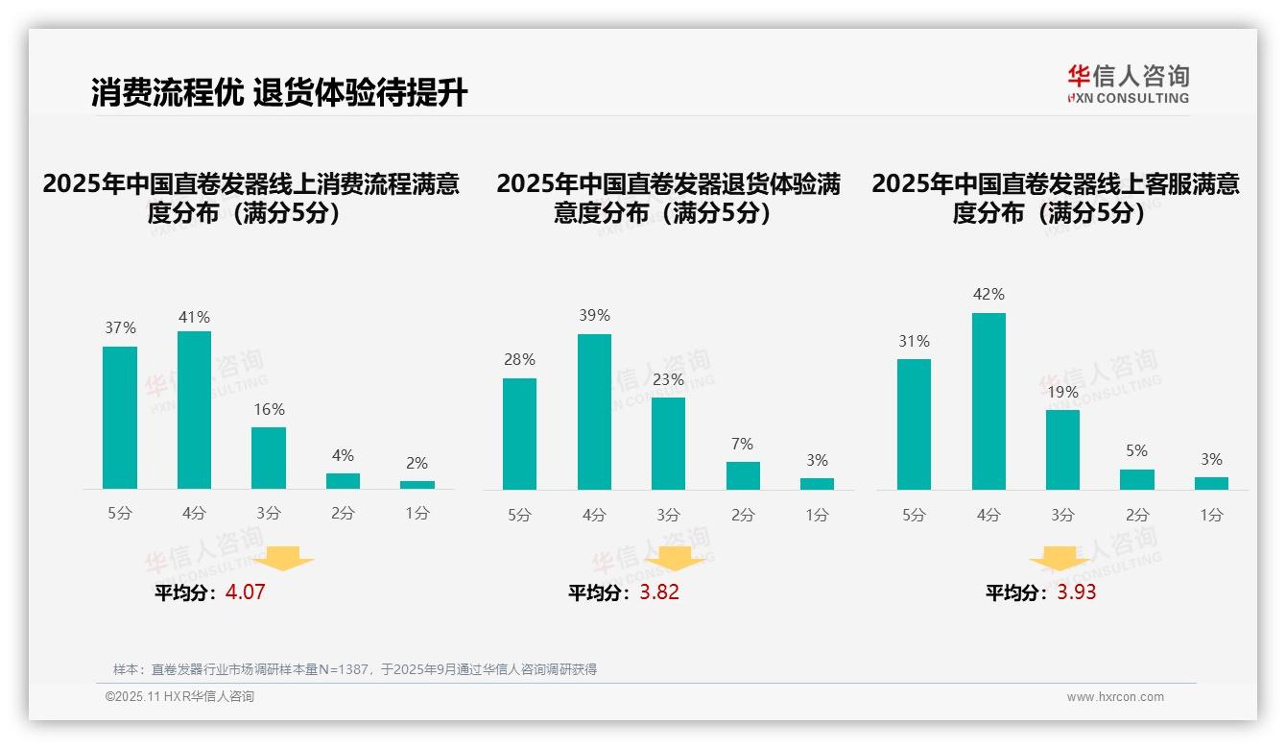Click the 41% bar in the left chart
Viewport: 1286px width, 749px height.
pos(194,410)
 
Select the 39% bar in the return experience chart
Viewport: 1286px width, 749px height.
pos(594,412)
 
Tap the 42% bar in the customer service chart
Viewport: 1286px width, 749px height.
pos(988,401)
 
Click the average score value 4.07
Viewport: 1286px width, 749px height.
pos(245,592)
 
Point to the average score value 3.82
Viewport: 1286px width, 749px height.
pos(659,592)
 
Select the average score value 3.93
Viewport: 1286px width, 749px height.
pos(1077,592)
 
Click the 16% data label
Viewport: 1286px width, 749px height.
pos(269,410)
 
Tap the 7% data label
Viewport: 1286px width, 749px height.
pos(742,445)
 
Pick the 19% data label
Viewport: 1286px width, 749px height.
pos(1063,393)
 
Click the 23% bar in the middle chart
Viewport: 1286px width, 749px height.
pos(668,444)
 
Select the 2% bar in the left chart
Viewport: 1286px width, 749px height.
pos(417,485)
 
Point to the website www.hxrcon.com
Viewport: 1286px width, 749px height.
pos(1115,697)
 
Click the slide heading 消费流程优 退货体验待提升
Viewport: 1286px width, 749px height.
pos(279,93)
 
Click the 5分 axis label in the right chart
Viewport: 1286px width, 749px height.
pos(914,516)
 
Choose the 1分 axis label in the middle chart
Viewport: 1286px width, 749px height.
pos(817,516)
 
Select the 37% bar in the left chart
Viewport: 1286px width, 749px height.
pos(120,418)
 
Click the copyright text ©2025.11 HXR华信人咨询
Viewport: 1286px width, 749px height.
pos(179,697)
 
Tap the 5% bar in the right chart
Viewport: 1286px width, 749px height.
pos(1137,479)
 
